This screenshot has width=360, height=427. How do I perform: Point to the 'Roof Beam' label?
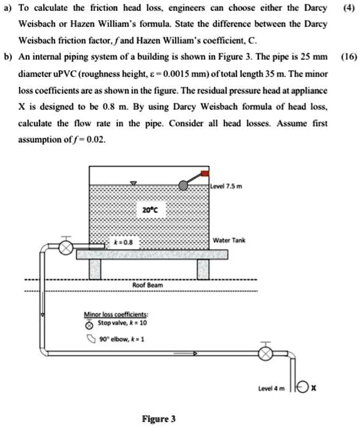149,285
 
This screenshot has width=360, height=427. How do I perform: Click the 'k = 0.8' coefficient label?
122,241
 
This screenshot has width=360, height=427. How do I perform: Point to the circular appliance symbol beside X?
304,387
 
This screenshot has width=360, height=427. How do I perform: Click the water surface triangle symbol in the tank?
132,183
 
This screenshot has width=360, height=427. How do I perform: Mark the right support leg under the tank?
203,269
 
